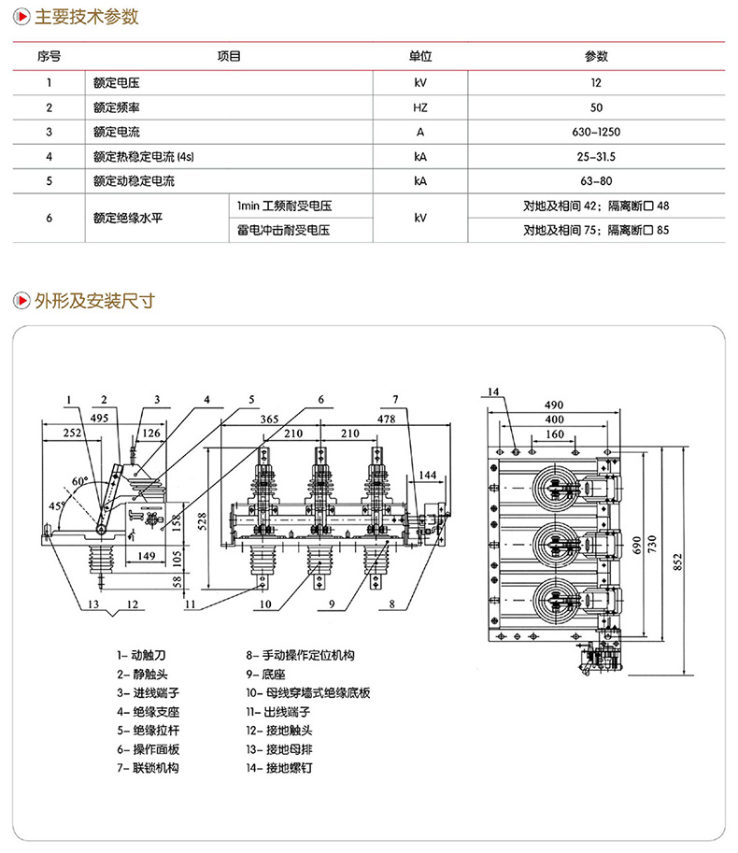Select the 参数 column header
click(596, 56)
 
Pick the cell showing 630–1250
click(596, 132)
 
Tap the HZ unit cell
click(420, 107)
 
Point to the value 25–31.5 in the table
click(596, 156)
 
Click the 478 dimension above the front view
click(385, 420)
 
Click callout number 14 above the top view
click(494, 391)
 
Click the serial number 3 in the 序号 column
click(48, 132)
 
